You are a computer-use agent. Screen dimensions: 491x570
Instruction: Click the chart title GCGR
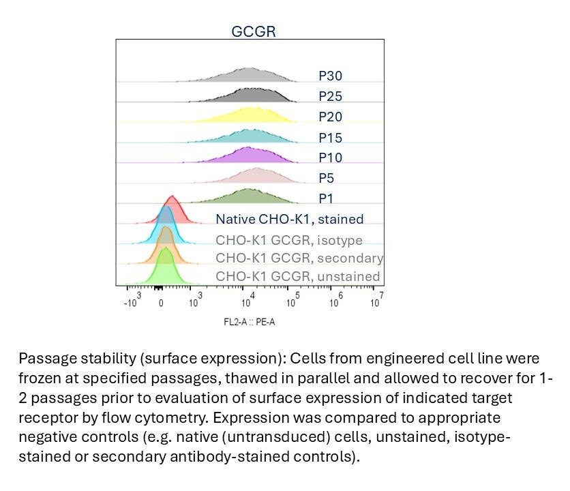pos(253,31)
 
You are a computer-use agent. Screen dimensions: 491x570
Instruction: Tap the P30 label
pos(330,76)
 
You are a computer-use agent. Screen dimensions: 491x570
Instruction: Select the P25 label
pos(330,96)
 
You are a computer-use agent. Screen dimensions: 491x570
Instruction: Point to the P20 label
pos(330,117)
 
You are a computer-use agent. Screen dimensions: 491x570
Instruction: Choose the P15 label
pos(330,138)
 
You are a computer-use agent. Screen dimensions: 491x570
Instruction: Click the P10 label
pos(330,158)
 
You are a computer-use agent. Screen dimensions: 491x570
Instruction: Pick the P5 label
pos(327,178)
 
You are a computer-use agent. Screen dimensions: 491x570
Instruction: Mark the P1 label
pos(327,198)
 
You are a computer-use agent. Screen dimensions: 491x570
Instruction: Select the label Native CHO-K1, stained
pos(289,219)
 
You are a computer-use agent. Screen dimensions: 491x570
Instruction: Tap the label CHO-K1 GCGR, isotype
pos(289,240)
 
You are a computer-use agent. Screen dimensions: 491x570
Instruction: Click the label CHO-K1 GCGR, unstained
pos(297,276)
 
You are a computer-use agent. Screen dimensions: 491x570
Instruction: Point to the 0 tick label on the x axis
pos(161,303)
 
